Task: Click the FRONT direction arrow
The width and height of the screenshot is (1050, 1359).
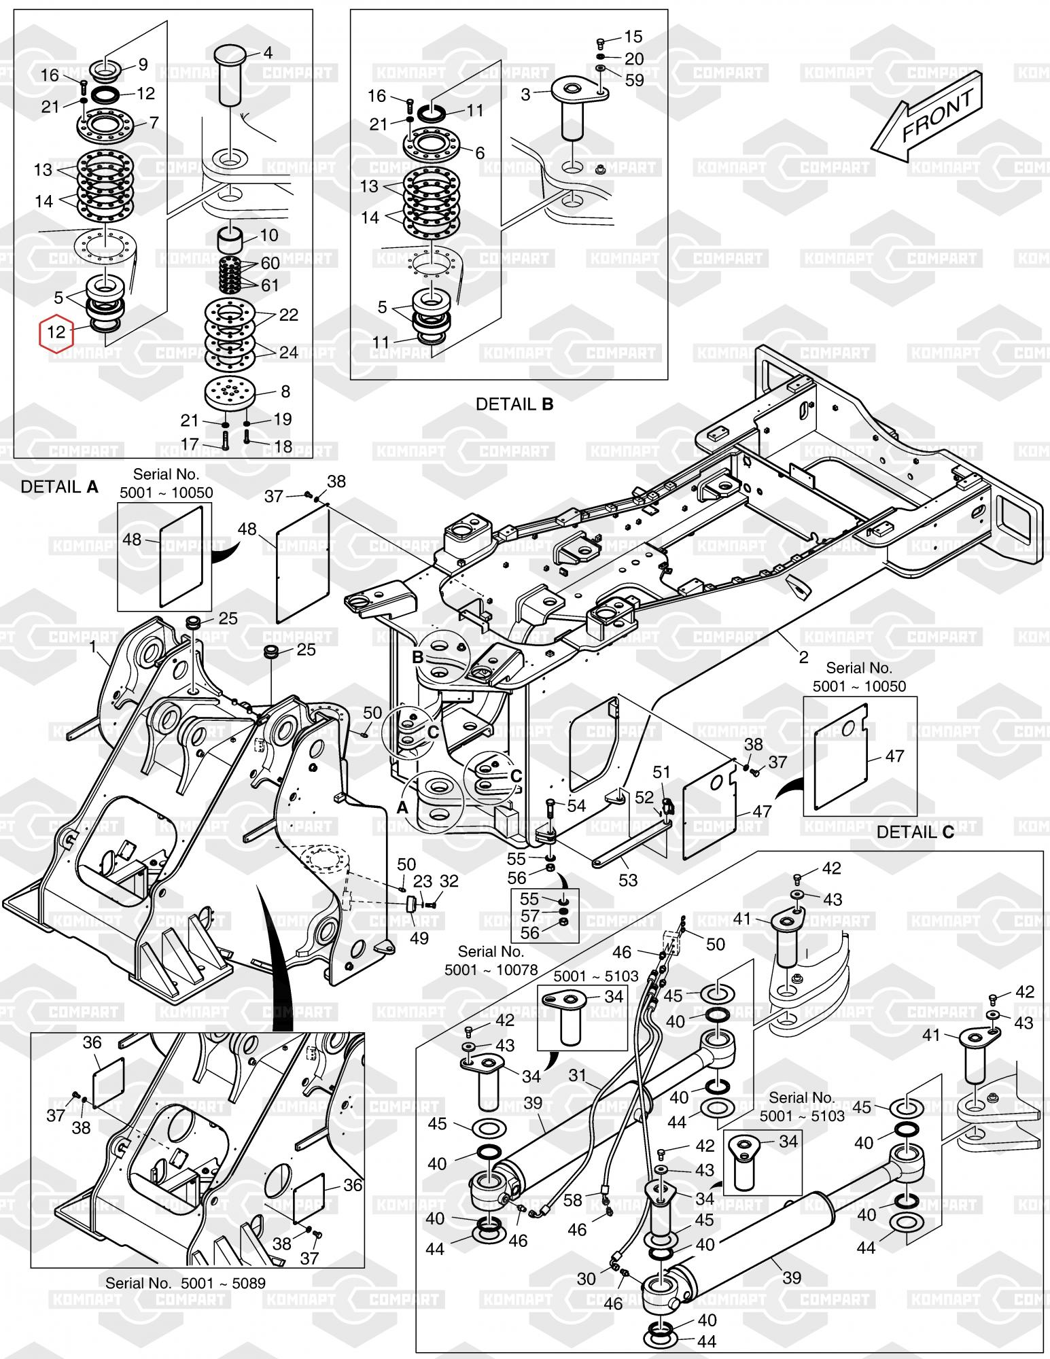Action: pos(927,115)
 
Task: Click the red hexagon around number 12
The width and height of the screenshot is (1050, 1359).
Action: pos(57,332)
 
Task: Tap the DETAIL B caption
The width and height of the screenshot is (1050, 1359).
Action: pos(514,404)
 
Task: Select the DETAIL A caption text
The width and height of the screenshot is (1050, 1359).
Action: pos(60,487)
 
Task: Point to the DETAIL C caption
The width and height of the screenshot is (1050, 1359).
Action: pos(915,832)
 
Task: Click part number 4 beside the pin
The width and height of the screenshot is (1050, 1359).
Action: pos(268,53)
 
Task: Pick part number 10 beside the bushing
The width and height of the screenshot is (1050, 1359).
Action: pos(269,236)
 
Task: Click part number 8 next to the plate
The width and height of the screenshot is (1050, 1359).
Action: pos(285,391)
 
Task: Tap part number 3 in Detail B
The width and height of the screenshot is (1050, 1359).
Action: pos(525,95)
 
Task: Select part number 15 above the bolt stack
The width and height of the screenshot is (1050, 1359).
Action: pos(633,37)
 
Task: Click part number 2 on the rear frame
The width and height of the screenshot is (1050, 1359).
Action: pos(804,657)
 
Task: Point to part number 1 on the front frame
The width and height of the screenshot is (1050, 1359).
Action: pos(94,648)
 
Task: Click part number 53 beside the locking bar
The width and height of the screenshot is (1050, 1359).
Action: pos(628,880)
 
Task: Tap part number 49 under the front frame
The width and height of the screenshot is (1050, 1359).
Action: pos(419,938)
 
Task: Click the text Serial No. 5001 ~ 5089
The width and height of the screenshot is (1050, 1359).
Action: pos(185,1283)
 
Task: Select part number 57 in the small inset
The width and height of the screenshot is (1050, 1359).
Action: pos(529,916)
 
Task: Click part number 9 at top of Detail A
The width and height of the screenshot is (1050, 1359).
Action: pos(143,65)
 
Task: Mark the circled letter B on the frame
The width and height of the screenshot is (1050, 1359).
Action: pos(418,657)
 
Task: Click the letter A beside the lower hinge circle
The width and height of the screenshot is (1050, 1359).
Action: pos(402,808)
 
